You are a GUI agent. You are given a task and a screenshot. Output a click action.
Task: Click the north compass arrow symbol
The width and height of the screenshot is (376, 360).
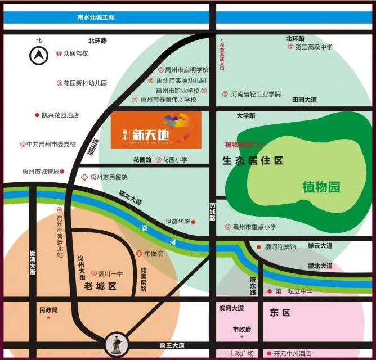pos(39,55)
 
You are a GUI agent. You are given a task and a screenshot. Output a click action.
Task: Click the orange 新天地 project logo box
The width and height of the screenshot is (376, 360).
pos(155,130)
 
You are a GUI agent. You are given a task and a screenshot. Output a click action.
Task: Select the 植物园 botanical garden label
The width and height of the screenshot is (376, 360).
pos(321,187)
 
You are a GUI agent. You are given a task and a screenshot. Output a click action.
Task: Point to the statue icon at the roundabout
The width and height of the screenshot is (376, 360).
pos(115,344)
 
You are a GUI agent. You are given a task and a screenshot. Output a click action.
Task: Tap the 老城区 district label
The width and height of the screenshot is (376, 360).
pos(100,286)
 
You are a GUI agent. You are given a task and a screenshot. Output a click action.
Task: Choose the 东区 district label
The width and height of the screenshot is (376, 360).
pos(279,312)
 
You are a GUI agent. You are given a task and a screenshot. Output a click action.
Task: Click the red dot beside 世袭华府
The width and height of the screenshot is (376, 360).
pos(194,222)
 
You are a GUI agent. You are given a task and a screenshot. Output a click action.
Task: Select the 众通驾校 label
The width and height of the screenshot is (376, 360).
pos(76,53)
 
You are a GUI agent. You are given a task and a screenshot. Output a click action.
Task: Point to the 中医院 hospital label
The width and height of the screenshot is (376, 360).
pos(154,254)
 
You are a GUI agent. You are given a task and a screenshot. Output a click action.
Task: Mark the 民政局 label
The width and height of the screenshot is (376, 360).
pos(48,310)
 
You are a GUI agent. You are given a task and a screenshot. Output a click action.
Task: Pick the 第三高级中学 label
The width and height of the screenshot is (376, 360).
pos(314,47)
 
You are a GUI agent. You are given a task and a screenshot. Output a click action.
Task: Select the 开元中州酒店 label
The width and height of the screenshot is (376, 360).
pos(292,354)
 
